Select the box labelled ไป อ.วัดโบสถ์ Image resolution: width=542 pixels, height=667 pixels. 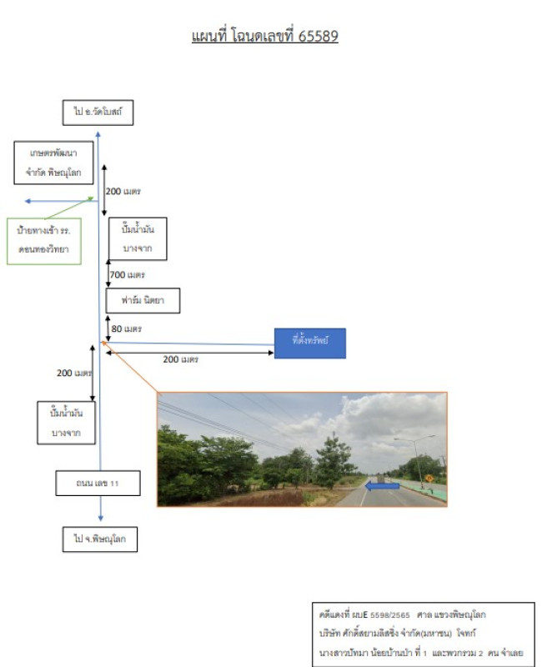[98, 112]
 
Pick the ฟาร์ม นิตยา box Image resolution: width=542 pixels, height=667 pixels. [143, 300]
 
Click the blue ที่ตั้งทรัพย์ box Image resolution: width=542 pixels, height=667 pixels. [309, 342]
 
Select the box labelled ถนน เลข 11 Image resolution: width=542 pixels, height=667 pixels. [97, 482]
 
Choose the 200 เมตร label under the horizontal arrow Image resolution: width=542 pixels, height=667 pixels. [180, 359]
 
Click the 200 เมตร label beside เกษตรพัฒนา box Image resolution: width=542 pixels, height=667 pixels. [123, 191]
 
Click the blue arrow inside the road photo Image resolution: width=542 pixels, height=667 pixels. [382, 485]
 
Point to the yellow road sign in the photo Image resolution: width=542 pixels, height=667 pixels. [429, 479]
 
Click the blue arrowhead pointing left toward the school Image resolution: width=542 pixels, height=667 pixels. [28, 201]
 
